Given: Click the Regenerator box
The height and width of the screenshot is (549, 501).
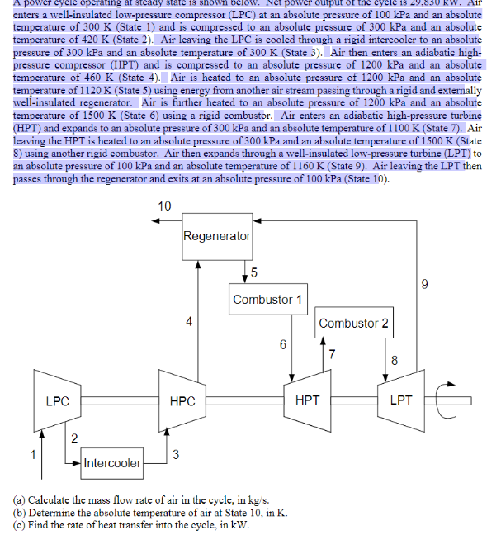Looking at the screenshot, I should click(216, 236).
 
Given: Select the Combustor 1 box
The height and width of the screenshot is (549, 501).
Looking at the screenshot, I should click(267, 299).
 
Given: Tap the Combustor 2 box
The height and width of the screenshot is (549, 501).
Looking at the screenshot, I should click(353, 323).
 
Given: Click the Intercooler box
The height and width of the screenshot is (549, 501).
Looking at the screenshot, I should click(112, 462).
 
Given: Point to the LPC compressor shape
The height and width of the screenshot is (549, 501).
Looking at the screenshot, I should click(57, 401).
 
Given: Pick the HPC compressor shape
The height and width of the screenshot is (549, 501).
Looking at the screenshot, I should click(182, 401).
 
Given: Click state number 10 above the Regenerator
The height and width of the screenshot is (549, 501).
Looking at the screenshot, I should click(164, 206).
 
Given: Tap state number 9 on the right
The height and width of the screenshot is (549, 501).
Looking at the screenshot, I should click(424, 286).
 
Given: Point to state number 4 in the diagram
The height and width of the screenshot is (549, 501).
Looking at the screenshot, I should click(189, 322).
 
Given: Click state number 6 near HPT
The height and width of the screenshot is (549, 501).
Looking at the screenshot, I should click(282, 345).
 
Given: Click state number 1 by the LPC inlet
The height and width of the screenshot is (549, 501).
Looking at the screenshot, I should click(34, 453).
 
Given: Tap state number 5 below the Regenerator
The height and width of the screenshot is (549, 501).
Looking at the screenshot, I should click(253, 272).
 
